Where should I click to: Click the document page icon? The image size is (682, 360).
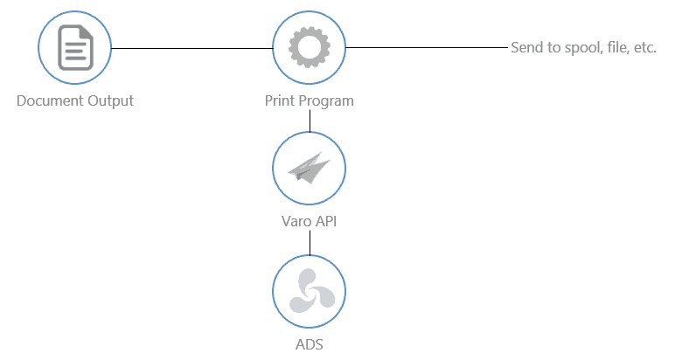coord(75,47)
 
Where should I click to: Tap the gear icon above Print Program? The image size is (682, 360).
coord(310,47)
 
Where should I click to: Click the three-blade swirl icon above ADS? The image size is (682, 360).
coord(310,290)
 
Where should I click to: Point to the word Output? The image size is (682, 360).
coord(110,100)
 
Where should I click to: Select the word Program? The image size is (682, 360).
coord(326,100)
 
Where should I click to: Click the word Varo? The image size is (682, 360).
coord(288,222)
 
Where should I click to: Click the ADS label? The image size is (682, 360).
coord(310,343)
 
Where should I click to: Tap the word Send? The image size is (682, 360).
coord(526,47)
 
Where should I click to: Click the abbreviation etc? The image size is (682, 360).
coord(644,47)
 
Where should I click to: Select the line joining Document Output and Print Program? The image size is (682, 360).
coord(192,47)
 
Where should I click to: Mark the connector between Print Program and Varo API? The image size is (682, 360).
coord(310,121)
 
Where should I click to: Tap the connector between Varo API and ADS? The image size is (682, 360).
coord(310,242)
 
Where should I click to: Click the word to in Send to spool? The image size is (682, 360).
coord(554,47)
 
